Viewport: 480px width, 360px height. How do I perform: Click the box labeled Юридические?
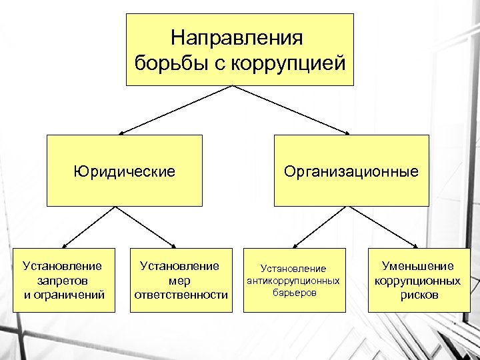[x=124, y=171]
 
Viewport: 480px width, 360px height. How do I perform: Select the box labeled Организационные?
[x=351, y=171]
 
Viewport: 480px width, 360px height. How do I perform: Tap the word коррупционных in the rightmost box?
[x=417, y=281]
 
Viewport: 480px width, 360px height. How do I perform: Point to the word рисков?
[x=419, y=295]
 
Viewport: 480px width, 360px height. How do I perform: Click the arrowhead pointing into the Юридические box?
[x=122, y=132]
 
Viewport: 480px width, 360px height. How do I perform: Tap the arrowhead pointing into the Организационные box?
[x=346, y=132]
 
